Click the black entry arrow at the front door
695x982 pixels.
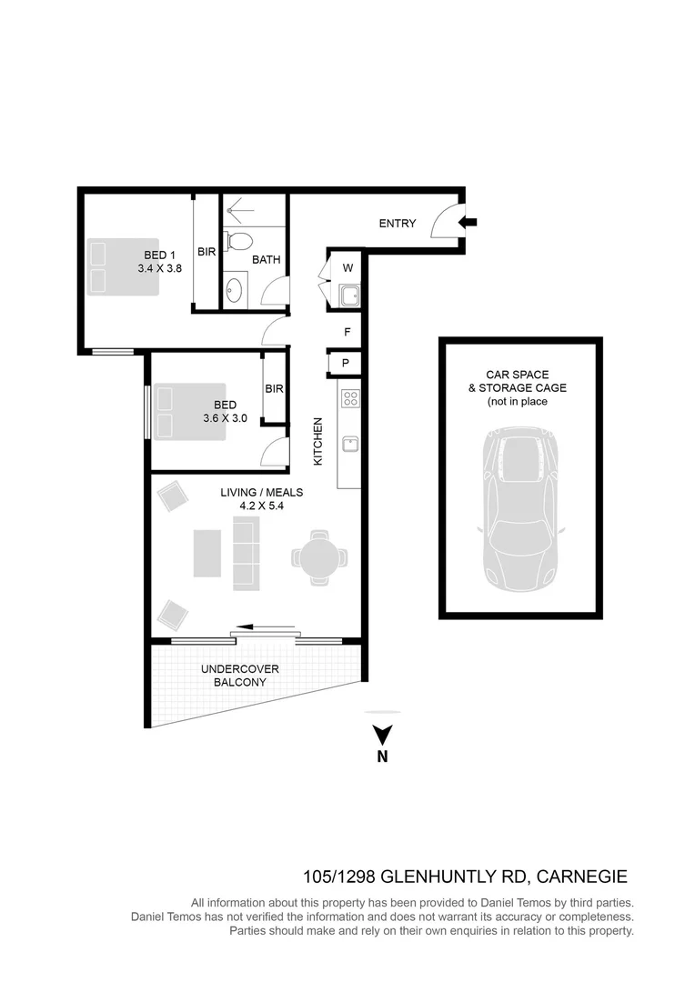pos(468,222)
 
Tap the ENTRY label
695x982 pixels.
pos(398,224)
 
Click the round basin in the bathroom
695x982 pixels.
pos(235,292)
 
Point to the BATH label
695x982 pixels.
pos(267,260)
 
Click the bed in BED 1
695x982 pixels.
pos(123,265)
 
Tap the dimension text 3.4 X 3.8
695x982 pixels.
pos(160,269)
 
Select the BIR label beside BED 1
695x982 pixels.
pos(206,252)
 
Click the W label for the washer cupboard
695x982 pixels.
pos(347,268)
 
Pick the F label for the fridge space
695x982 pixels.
pos(347,333)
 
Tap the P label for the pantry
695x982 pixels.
pos(346,364)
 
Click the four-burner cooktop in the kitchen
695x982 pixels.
pos(349,397)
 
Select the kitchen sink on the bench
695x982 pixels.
pos(349,444)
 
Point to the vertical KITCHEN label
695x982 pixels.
pos(318,442)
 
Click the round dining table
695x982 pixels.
pos(320,556)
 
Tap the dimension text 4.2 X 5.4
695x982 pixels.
pos(261,506)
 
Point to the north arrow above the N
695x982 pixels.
pos(383,733)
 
